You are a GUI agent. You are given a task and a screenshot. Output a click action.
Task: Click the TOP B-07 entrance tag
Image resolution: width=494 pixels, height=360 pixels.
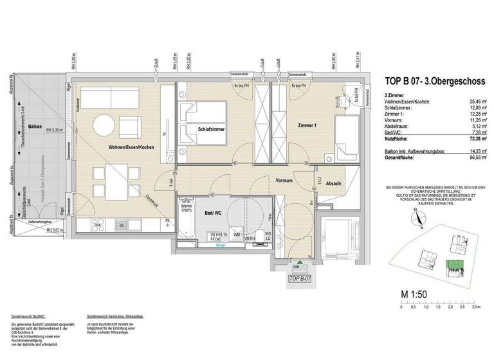(300, 278)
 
